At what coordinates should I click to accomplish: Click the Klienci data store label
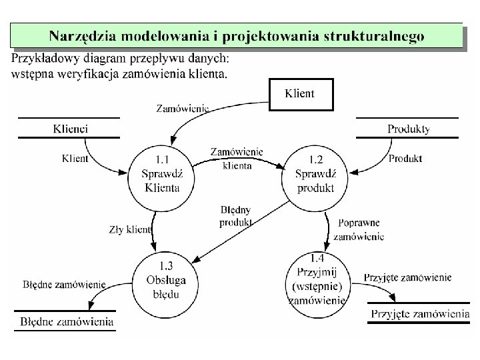[x=70, y=128]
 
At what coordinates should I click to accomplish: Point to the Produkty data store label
[x=408, y=129]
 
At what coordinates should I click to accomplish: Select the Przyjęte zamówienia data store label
[x=420, y=313]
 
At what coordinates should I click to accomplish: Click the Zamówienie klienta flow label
[x=237, y=159]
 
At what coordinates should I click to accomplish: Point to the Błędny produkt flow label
[x=235, y=216]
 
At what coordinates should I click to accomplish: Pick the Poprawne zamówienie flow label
[x=359, y=229]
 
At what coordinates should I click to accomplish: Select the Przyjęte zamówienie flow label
[x=408, y=277]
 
